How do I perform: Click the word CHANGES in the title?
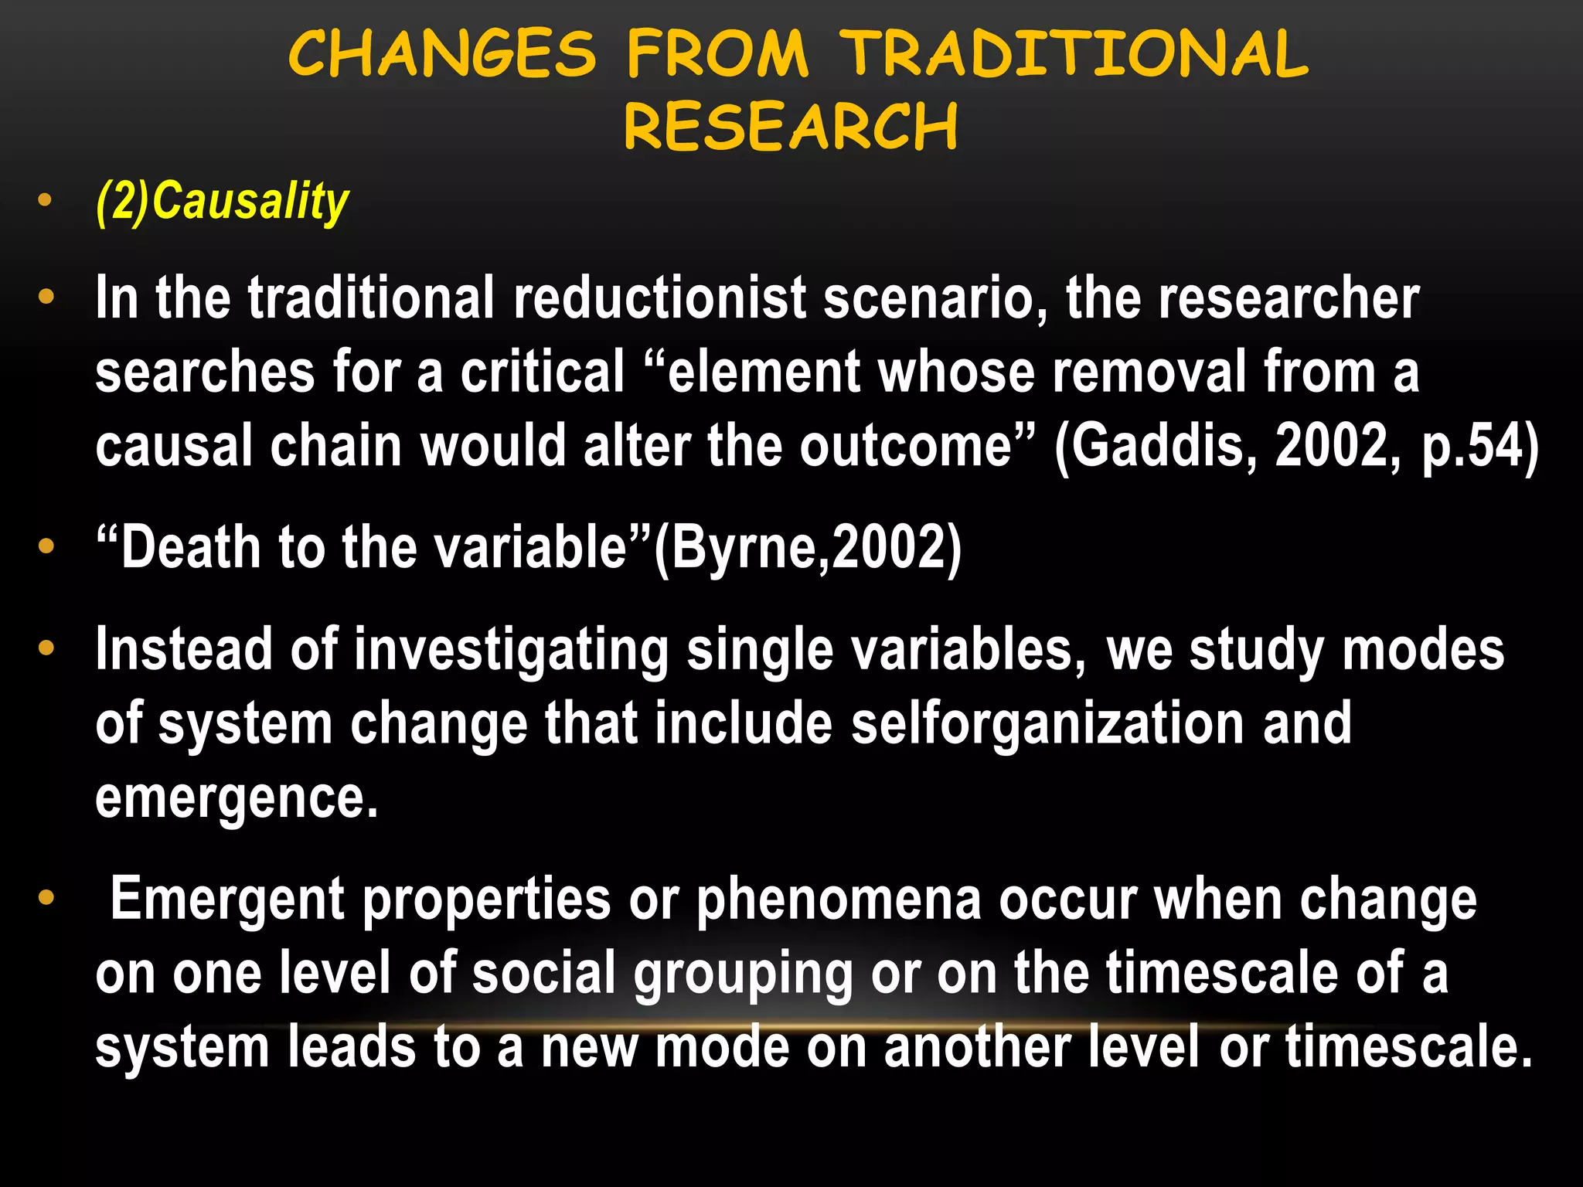(442, 54)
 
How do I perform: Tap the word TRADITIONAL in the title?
(1074, 54)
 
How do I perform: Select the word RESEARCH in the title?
(791, 127)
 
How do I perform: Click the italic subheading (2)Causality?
(223, 202)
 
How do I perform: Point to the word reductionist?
(659, 298)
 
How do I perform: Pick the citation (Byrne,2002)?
(808, 547)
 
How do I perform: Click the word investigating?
(511, 650)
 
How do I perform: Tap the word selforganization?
(1047, 724)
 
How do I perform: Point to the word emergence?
(236, 798)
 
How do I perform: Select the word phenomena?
(838, 899)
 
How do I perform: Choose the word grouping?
(742, 973)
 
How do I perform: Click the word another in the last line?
(977, 1047)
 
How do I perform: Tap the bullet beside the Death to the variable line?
(46, 546)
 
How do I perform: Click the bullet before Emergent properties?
(46, 897)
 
